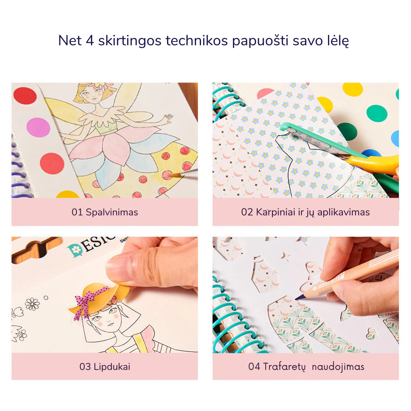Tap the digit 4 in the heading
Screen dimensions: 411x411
[90, 41]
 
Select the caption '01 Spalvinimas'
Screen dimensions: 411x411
[105, 212]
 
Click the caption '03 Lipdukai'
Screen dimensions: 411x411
[105, 366]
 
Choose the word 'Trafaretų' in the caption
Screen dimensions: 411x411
[284, 366]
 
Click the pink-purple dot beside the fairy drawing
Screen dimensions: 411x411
[38, 127]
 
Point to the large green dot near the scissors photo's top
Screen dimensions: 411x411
[377, 113]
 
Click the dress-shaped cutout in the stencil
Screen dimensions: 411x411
[264, 274]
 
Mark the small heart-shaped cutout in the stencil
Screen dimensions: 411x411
[372, 333]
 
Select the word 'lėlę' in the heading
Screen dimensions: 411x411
[338, 41]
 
